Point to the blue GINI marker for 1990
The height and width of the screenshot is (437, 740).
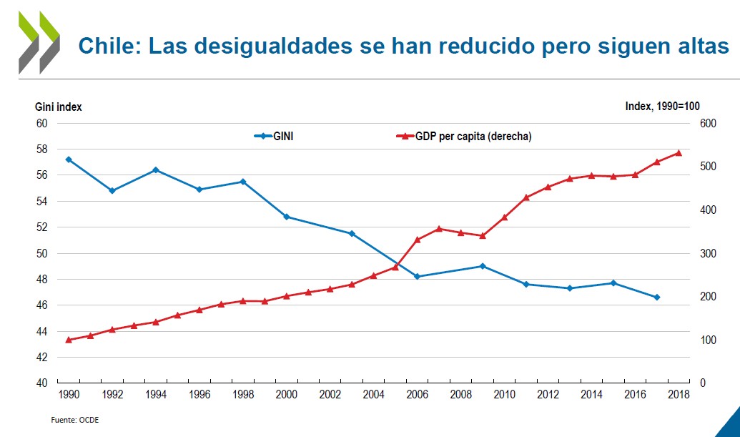point(69,159)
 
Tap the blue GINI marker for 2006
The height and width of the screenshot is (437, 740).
point(417,276)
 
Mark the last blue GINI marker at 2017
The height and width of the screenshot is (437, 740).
point(656,297)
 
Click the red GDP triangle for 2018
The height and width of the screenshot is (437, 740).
point(679,153)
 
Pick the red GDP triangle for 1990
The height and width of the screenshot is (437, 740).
point(69,340)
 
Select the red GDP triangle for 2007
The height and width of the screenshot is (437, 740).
point(439,229)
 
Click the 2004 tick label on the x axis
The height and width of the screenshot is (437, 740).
point(374,395)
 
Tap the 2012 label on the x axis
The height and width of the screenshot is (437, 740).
point(548,395)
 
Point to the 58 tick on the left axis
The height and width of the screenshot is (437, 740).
point(41,149)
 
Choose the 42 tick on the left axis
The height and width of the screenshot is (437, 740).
point(41,358)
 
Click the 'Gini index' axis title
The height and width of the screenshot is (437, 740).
point(59,107)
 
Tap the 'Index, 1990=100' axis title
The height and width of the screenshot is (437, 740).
point(662,107)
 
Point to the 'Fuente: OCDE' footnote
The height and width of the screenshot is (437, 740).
point(74,420)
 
